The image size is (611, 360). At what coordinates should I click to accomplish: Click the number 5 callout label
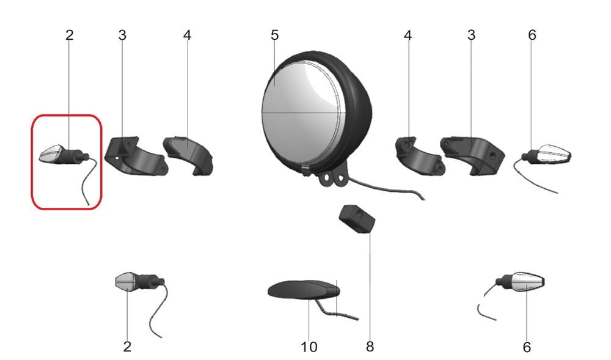click(274, 35)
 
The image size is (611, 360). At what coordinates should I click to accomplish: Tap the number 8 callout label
click(370, 347)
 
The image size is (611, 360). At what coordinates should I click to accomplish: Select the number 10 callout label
click(309, 347)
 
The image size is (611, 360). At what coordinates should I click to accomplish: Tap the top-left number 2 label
click(69, 35)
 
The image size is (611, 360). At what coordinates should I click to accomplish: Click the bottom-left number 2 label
click(127, 347)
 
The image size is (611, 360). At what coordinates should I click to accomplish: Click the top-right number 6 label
click(532, 35)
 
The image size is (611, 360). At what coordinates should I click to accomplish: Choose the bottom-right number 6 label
click(527, 347)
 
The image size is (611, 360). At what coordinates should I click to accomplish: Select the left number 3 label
click(122, 35)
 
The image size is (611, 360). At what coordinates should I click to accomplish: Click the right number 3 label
click(471, 35)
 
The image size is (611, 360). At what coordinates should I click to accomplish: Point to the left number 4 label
click(187, 35)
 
